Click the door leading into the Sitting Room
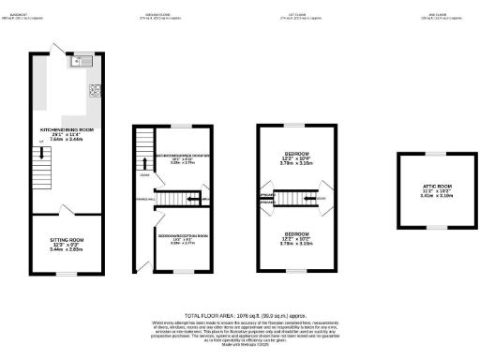point(63,209)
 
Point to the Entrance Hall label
point(145,199)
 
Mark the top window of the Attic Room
point(426,154)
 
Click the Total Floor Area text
point(240,317)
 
